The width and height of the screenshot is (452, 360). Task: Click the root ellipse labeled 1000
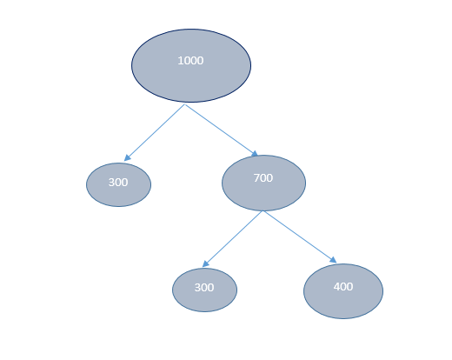(191, 65)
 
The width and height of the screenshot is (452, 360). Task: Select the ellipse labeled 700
(263, 183)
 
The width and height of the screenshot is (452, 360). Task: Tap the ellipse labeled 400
(343, 291)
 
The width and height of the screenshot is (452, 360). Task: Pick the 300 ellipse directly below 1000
(118, 184)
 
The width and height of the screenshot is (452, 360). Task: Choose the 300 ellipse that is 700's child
(204, 290)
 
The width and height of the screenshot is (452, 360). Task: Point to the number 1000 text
(190, 61)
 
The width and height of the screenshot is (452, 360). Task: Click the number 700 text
(263, 178)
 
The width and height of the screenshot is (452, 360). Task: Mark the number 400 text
(343, 287)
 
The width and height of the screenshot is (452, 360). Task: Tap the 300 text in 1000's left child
(118, 183)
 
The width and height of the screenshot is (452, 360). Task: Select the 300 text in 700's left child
(204, 288)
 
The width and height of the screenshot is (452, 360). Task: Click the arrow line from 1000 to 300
(155, 132)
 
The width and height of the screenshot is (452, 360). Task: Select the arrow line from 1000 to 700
(222, 130)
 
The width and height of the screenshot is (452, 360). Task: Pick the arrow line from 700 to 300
(232, 239)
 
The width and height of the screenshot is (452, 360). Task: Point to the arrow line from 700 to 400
(300, 237)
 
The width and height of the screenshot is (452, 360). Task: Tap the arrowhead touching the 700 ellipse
(255, 154)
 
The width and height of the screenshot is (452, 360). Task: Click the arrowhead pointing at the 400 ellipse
(333, 260)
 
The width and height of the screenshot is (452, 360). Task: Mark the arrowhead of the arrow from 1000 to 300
(127, 157)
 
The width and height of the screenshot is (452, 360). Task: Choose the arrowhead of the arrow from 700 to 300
(206, 263)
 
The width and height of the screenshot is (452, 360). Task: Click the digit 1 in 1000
(180, 61)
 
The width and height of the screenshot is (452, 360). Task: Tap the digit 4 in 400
(336, 287)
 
